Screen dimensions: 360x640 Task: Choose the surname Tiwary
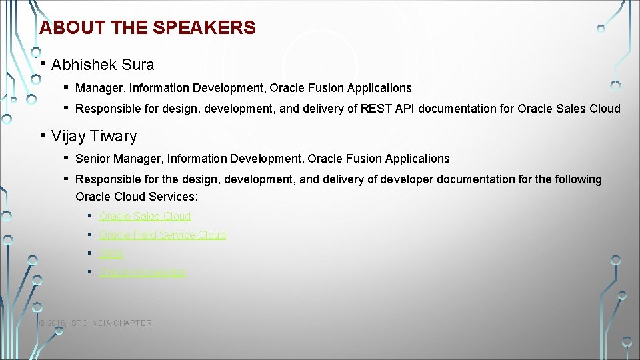pyautogui.click(x=112, y=136)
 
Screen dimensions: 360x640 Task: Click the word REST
pyautogui.click(x=375, y=108)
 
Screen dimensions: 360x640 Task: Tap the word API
pyautogui.click(x=403, y=108)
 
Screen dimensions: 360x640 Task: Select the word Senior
pyautogui.click(x=93, y=159)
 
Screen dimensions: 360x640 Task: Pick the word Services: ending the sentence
pyautogui.click(x=176, y=197)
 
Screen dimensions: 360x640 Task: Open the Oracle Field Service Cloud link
pyautogui.click(x=162, y=235)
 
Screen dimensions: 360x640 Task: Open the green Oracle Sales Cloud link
pyautogui.click(x=145, y=216)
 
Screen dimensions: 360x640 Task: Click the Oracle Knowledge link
pyautogui.click(x=142, y=272)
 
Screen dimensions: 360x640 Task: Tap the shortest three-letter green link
pyautogui.click(x=111, y=253)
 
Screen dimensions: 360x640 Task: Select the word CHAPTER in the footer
pyautogui.click(x=132, y=323)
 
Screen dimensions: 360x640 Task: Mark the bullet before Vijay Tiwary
pyautogui.click(x=43, y=135)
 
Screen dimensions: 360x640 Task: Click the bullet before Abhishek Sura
pyautogui.click(x=43, y=63)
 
